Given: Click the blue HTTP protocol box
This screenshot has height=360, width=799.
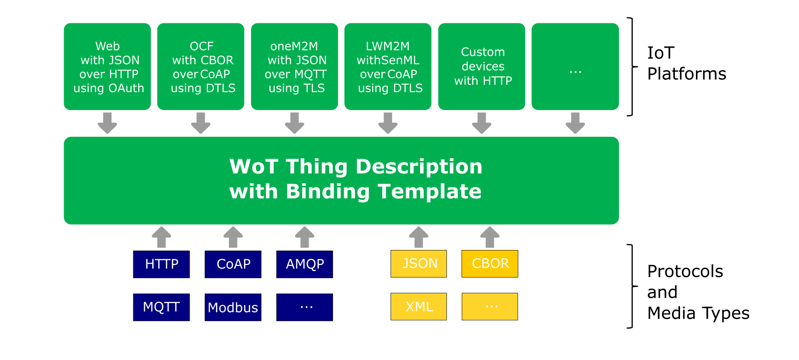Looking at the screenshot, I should click(x=162, y=264).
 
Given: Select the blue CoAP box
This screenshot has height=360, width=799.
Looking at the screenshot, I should click(x=233, y=264).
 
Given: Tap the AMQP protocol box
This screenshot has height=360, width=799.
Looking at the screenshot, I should click(x=304, y=264).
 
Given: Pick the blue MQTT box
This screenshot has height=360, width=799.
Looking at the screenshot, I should click(x=162, y=307).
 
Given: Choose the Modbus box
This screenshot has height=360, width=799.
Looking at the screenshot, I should click(x=233, y=307).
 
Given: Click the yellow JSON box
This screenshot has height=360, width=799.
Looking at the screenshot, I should click(x=419, y=264).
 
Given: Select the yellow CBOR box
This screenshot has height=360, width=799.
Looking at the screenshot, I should click(x=490, y=264).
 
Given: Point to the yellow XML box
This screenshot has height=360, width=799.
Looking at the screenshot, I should click(x=419, y=307).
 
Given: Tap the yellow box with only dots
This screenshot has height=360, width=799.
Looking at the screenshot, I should click(x=490, y=307).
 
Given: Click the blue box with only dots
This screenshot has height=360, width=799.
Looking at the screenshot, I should click(x=304, y=307).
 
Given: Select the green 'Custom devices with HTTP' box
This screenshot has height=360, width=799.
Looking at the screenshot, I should click(x=481, y=66).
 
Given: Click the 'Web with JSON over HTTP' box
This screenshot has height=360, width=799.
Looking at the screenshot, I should click(x=107, y=66).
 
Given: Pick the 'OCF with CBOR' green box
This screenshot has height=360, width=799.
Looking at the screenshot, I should click(x=200, y=66).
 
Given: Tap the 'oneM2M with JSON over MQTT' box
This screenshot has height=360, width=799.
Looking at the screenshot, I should click(x=295, y=66).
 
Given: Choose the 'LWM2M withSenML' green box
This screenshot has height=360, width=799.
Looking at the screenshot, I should click(x=388, y=66).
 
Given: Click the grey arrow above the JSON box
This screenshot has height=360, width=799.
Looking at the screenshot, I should click(x=419, y=237).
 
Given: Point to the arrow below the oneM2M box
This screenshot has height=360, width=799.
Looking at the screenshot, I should click(x=295, y=123).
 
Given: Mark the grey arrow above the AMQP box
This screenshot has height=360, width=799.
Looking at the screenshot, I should click(x=304, y=237).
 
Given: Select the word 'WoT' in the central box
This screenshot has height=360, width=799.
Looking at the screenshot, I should click(x=254, y=167).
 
